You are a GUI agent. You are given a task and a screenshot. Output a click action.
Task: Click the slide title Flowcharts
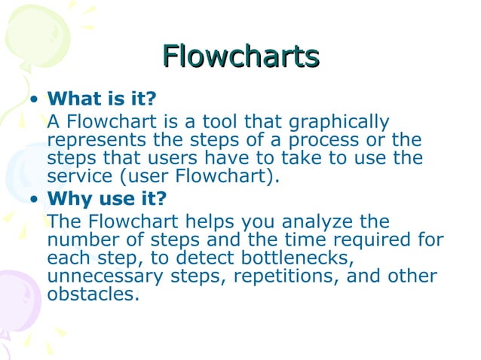[240, 56]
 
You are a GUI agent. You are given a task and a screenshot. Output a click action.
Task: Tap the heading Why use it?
[107, 200]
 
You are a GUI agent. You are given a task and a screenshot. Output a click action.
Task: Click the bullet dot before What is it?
[33, 100]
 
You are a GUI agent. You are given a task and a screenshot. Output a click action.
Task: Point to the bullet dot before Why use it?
[33, 200]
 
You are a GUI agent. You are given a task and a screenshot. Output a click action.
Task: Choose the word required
[369, 240]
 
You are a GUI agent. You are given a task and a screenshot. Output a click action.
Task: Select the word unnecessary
[106, 276]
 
